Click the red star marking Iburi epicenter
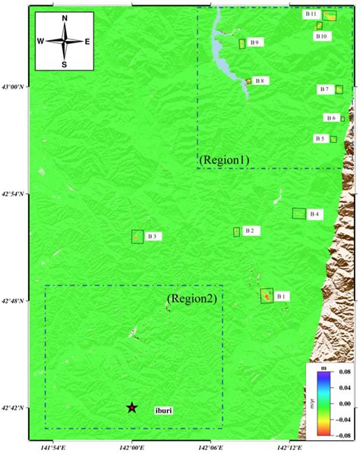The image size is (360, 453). [132, 407]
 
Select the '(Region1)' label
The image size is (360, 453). [224, 160]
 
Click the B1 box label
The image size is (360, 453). [282, 296]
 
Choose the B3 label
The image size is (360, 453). [152, 237]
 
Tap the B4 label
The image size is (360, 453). [314, 215]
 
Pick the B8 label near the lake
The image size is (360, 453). [260, 80]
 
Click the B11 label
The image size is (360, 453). [311, 14]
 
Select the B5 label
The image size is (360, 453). [320, 139]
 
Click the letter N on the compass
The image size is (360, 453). [65, 18]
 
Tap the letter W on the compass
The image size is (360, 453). [41, 42]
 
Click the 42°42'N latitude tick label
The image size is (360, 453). [14, 408]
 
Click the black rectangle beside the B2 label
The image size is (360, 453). [236, 231]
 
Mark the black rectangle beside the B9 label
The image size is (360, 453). [242, 43]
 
